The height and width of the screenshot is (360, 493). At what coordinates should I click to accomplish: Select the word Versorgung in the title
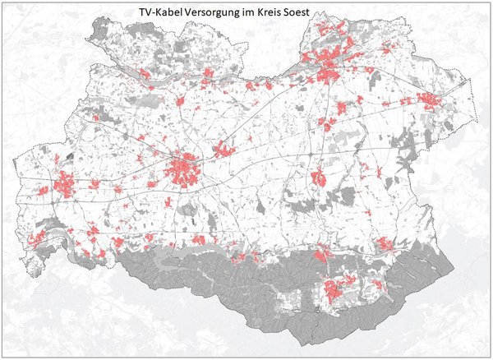coord(219,13)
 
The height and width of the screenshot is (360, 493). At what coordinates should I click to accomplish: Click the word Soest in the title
coord(316,13)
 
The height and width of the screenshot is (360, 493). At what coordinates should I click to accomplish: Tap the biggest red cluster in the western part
coord(64,187)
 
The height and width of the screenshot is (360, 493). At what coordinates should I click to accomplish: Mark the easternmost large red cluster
coord(429,100)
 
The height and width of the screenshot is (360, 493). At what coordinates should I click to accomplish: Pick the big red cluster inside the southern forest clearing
coord(334,289)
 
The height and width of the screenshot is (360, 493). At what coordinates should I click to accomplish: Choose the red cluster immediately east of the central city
coord(223,150)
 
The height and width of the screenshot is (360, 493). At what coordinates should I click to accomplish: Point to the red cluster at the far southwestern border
coord(36,239)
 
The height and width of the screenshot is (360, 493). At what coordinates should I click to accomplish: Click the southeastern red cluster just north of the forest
coord(384,243)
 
